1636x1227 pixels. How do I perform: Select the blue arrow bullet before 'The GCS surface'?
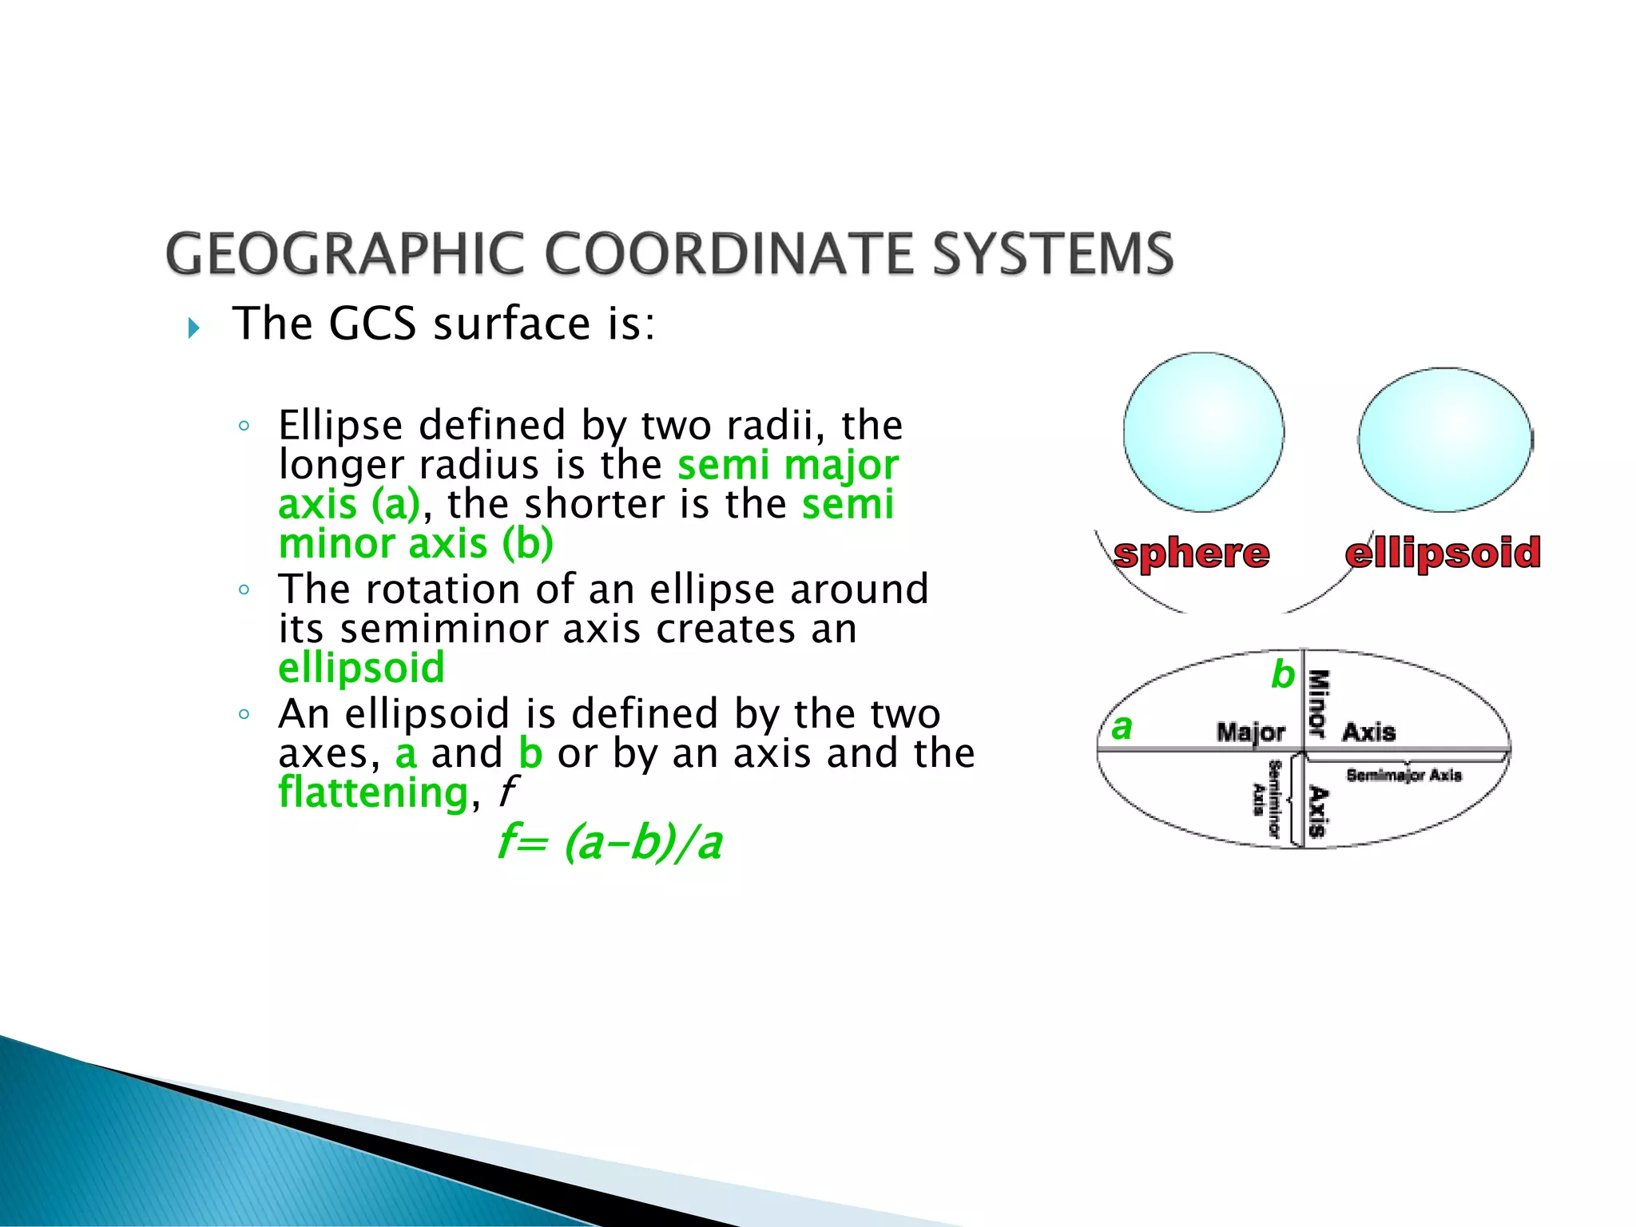(193, 328)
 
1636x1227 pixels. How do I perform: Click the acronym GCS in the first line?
(372, 324)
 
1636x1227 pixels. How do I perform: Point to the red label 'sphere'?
(1191, 554)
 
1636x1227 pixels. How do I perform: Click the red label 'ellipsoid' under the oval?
(1443, 554)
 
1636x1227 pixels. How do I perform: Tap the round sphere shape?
(1203, 432)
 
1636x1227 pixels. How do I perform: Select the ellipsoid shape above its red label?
(1445, 440)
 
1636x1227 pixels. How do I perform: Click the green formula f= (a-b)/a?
(610, 843)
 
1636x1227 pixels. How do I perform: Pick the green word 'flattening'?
(373, 793)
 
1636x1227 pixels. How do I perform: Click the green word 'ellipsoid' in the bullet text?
(361, 669)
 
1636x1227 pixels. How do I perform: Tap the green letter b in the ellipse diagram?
(1282, 675)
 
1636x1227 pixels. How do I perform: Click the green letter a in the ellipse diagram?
(1122, 727)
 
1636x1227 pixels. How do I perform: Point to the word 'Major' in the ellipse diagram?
(1250, 732)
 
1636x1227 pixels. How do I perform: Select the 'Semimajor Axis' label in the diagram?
(1404, 775)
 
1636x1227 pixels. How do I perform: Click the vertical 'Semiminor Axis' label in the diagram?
(1267, 799)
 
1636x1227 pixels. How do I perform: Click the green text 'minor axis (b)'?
(415, 545)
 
